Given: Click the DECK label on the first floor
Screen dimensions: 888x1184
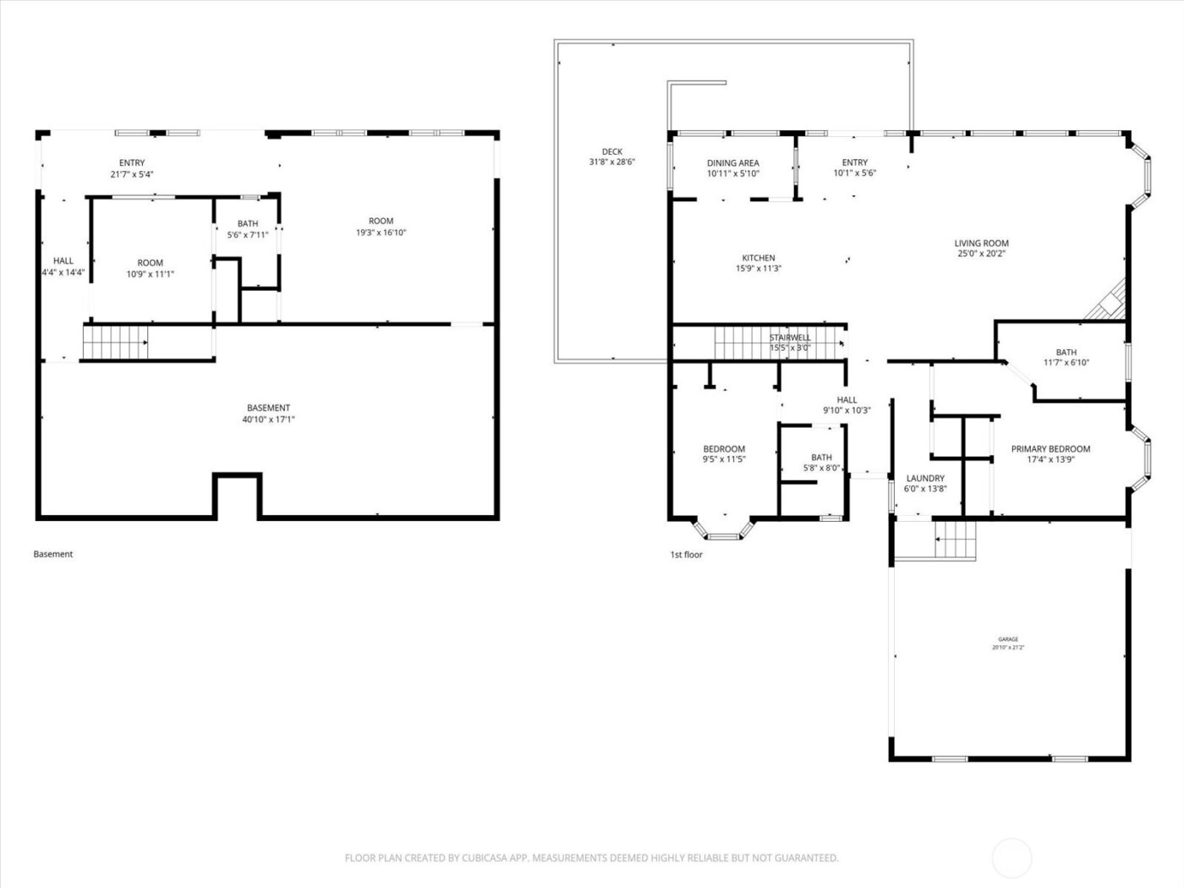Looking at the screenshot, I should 612,152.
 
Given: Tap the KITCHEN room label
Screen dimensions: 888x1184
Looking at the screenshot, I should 759,258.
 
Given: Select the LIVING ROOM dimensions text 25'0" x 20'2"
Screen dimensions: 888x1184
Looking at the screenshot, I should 982,254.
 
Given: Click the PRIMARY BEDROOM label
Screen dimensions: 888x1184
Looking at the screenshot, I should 1050,449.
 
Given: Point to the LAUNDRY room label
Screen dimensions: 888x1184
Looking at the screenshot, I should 925,478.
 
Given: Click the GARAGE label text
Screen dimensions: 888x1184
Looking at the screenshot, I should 1007,639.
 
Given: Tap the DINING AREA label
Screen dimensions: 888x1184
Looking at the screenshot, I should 732,163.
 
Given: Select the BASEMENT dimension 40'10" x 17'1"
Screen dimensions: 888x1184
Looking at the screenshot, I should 268,419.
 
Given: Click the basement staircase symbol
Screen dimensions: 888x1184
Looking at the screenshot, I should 115,343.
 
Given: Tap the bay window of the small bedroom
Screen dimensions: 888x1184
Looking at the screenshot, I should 723,530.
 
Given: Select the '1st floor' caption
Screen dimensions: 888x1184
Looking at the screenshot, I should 686,555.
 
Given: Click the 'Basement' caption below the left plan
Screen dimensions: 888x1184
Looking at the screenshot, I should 53,554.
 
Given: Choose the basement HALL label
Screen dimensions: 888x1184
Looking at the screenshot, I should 63,261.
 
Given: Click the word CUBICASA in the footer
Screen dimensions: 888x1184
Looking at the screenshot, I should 485,858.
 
